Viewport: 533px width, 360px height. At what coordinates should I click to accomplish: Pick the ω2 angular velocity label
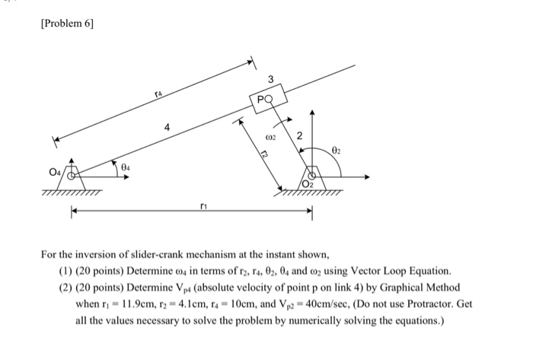pyautogui.click(x=270, y=139)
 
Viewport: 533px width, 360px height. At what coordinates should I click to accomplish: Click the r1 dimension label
pyautogui.click(x=202, y=205)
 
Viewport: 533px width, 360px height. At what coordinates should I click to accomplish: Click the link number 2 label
pyautogui.click(x=299, y=135)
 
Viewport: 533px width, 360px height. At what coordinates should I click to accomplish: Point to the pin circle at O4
pyautogui.click(x=72, y=176)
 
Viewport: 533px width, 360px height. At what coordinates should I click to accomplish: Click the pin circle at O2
pyautogui.click(x=314, y=176)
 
